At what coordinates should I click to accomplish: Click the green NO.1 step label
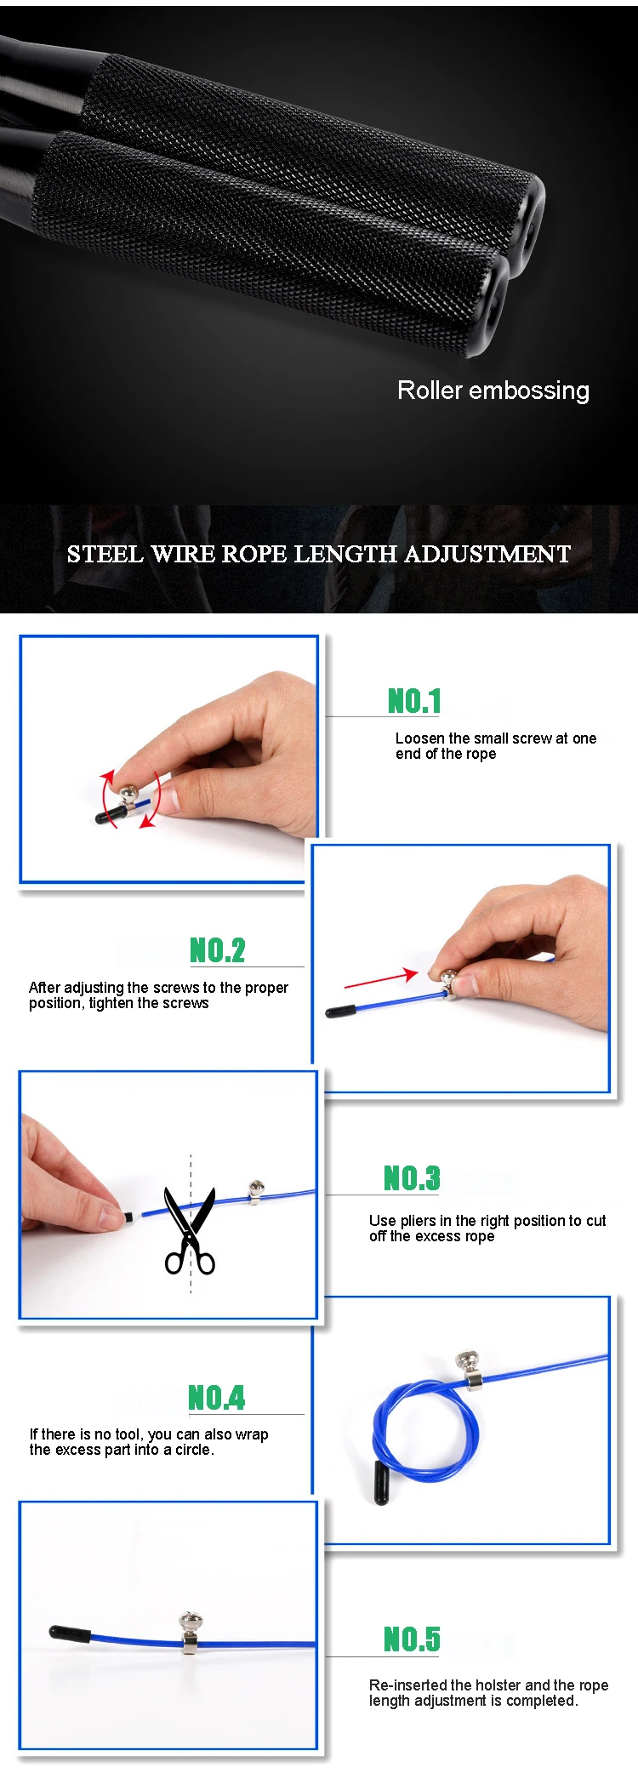point(414,701)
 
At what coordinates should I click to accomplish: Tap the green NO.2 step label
point(217,949)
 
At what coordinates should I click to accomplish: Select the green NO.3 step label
point(412,1178)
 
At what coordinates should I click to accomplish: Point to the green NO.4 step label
point(216,1398)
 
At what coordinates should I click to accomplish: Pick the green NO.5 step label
point(412,1639)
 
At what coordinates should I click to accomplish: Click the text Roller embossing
point(493,390)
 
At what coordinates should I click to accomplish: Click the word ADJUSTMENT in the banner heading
point(487,554)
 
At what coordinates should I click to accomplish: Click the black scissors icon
point(190,1230)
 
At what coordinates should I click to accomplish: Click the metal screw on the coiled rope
point(470,1369)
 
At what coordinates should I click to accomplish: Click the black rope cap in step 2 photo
point(341,1012)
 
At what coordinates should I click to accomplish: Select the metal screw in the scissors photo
point(256,1192)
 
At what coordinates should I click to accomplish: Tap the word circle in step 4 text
point(192,1450)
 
